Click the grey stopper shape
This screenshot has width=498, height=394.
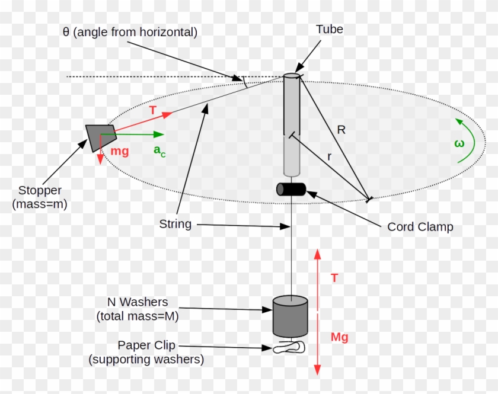[98, 137]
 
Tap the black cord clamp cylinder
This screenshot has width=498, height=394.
[291, 189]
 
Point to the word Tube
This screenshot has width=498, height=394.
[330, 30]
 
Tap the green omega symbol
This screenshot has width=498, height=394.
[458, 143]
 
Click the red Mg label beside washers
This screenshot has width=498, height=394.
[339, 337]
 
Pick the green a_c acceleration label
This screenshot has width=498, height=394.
[159, 150]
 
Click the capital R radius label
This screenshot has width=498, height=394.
[341, 130]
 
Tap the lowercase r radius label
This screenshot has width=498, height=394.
[330, 156]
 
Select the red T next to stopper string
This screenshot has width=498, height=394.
[153, 111]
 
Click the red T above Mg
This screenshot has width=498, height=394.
[334, 277]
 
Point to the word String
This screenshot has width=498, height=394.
[175, 224]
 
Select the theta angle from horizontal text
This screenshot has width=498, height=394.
[130, 32]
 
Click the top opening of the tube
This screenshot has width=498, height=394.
[292, 76]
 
